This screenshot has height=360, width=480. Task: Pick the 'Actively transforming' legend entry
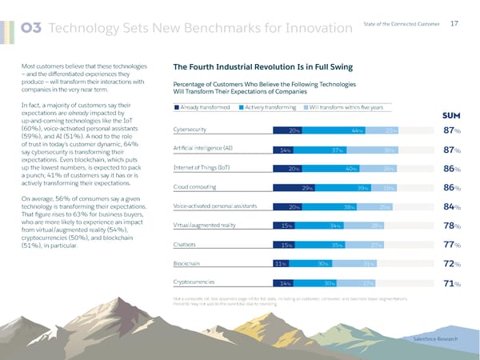[274, 107]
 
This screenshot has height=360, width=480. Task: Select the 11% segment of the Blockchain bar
[281, 263]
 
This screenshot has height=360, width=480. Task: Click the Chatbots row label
[186, 243]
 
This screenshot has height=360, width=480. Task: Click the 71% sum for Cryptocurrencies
[453, 282]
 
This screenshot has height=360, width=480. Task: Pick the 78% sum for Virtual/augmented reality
[453, 226]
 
